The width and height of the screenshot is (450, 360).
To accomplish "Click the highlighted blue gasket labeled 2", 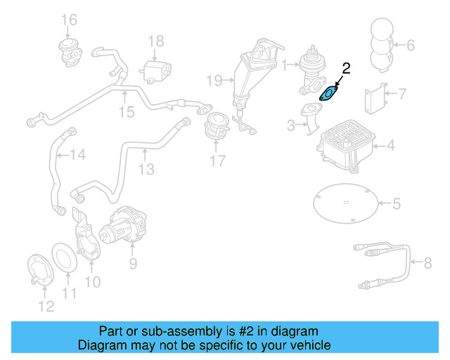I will click(x=329, y=92).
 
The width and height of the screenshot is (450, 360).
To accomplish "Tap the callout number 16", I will click(x=68, y=18).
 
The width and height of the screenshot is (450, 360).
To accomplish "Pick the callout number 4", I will click(x=390, y=146).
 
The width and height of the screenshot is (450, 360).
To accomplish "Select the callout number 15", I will click(x=125, y=111).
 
